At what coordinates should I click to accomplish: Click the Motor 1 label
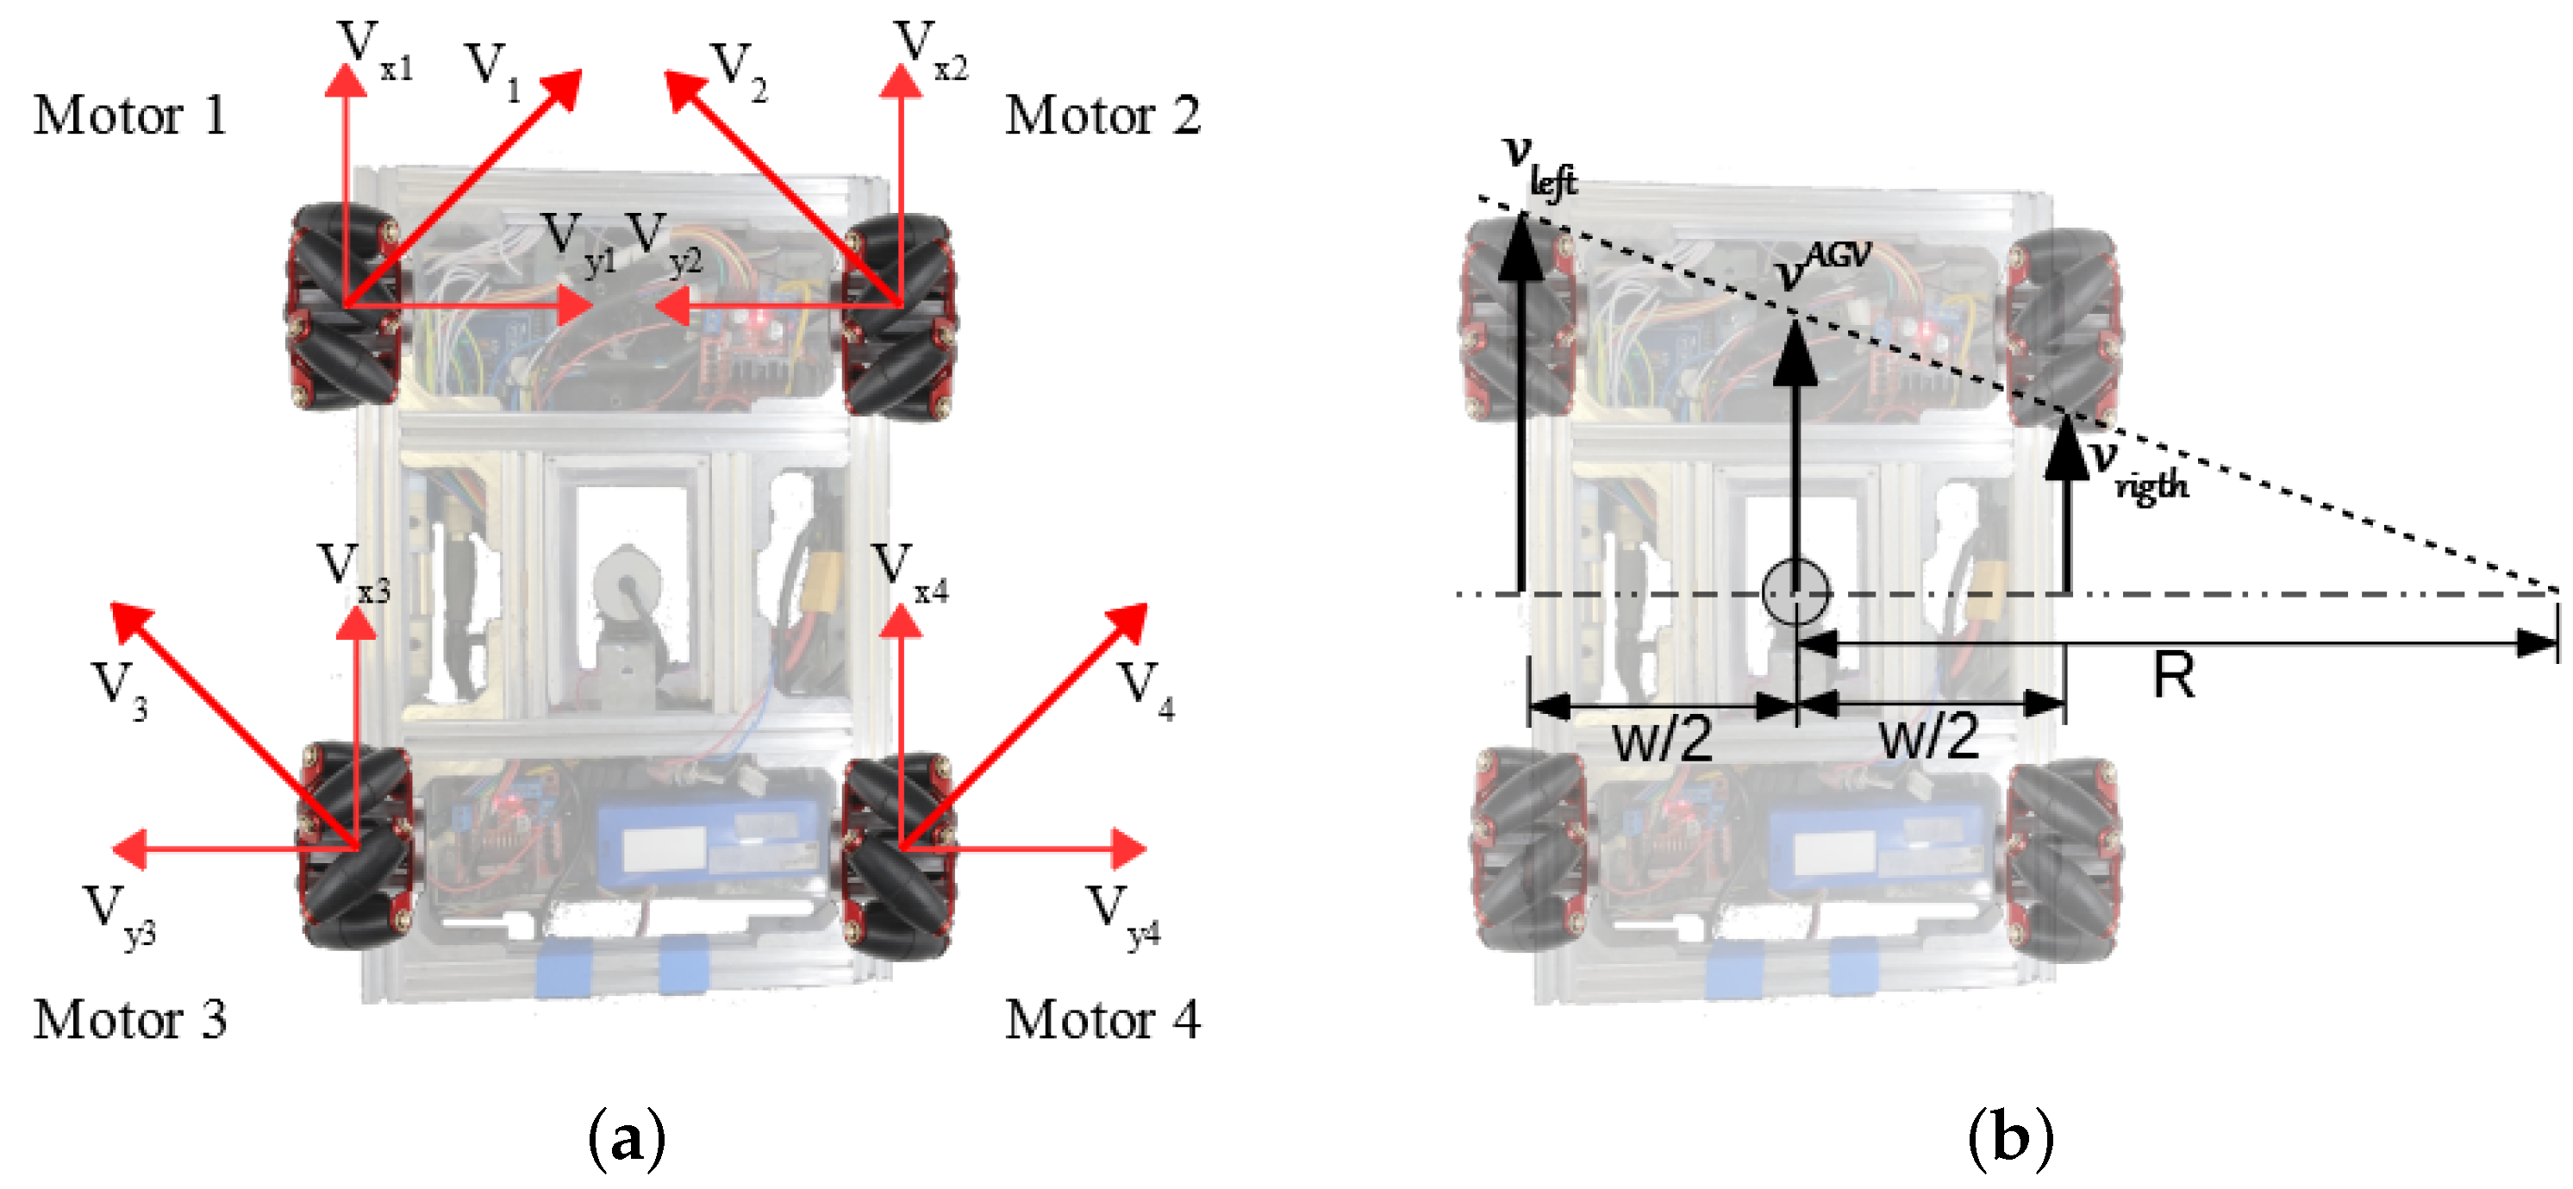[x=130, y=115]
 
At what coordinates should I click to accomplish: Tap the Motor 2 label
[x=1102, y=115]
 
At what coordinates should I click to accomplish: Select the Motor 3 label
[x=130, y=1019]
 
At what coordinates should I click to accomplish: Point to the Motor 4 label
[x=1102, y=1019]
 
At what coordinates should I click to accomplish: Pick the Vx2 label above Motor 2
[x=929, y=50]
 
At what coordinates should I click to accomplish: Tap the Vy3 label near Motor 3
[x=120, y=914]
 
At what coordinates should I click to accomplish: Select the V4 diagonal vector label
[x=1145, y=690]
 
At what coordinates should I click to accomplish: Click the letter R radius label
[x=2173, y=677]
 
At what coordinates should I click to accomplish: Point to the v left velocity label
[x=1539, y=165]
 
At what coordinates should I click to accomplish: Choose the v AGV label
[x=1823, y=265]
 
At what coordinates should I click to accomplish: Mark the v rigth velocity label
[x=2138, y=470]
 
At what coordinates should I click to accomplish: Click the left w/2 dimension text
[x=1662, y=740]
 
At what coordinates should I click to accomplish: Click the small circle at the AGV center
[x=1795, y=592]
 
